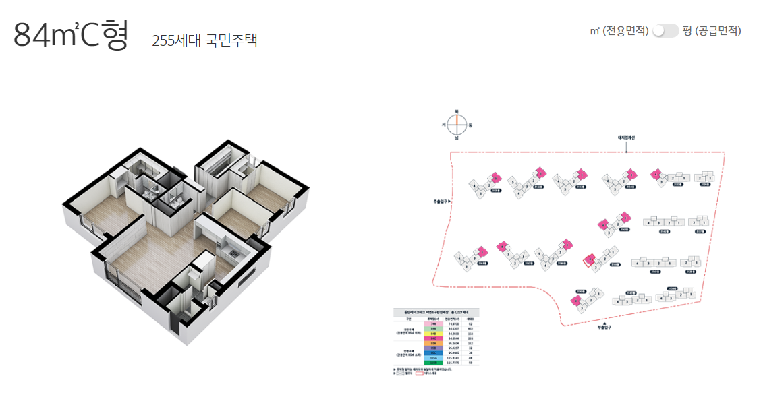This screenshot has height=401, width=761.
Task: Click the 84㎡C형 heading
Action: (x=70, y=35)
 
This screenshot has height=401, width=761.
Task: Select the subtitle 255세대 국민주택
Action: (x=204, y=40)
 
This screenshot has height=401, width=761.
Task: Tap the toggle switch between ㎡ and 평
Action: (x=665, y=30)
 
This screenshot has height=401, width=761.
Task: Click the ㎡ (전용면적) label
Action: (x=619, y=30)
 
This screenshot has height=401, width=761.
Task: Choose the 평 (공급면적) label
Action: (x=712, y=30)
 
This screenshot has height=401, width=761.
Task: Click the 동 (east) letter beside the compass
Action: (x=470, y=125)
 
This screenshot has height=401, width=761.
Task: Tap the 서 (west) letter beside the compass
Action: (x=443, y=125)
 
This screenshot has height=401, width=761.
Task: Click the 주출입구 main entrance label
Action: (x=441, y=201)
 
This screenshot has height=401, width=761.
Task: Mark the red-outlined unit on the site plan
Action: (x=590, y=261)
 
